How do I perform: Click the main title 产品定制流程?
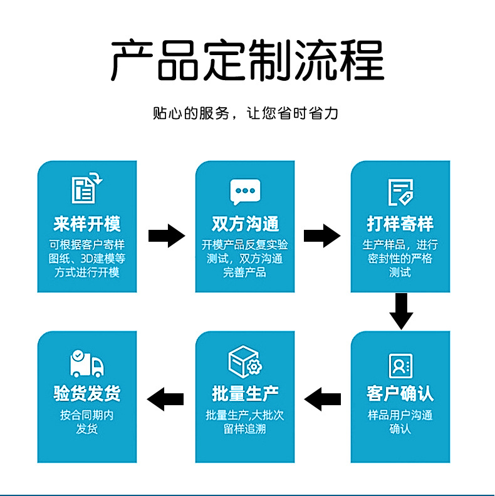point(247,60)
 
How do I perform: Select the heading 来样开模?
point(87,224)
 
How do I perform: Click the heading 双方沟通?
point(245,224)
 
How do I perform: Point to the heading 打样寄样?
point(400,224)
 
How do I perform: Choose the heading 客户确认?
point(400,394)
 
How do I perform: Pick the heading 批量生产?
point(245,394)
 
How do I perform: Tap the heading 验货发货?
point(87,394)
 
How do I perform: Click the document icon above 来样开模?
point(86,189)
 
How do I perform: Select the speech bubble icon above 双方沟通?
point(245,192)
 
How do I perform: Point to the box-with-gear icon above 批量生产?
point(245,361)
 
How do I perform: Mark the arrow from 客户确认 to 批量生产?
point(322,398)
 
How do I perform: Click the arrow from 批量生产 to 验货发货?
point(165,398)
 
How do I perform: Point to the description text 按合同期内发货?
point(87,422)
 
